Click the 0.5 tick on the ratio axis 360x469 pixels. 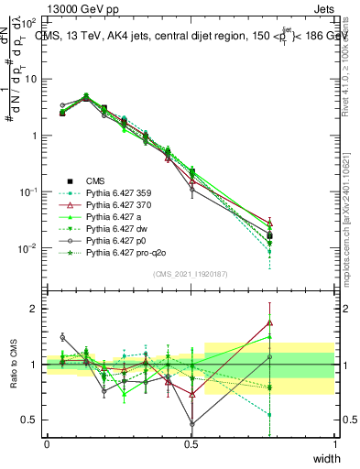(x=30, y=420)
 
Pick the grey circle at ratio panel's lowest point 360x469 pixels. (x=191, y=424)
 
